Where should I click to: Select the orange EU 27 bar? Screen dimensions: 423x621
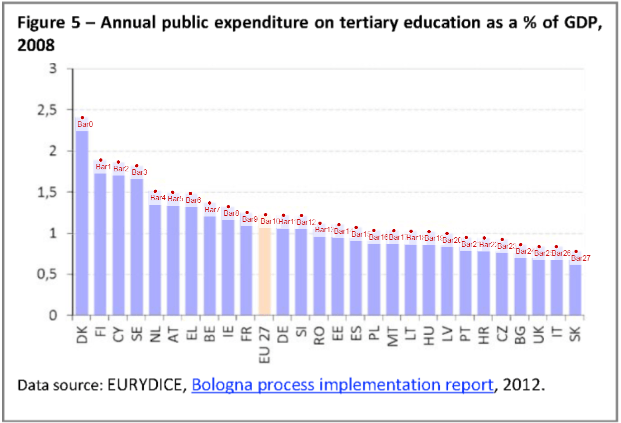click(x=265, y=270)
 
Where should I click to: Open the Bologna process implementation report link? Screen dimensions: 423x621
click(x=342, y=386)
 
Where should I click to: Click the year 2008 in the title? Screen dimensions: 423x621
click(x=35, y=45)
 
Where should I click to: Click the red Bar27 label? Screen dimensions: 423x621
click(x=581, y=258)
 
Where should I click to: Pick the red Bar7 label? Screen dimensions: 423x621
click(x=212, y=210)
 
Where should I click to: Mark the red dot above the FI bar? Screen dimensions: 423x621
click(x=100, y=160)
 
